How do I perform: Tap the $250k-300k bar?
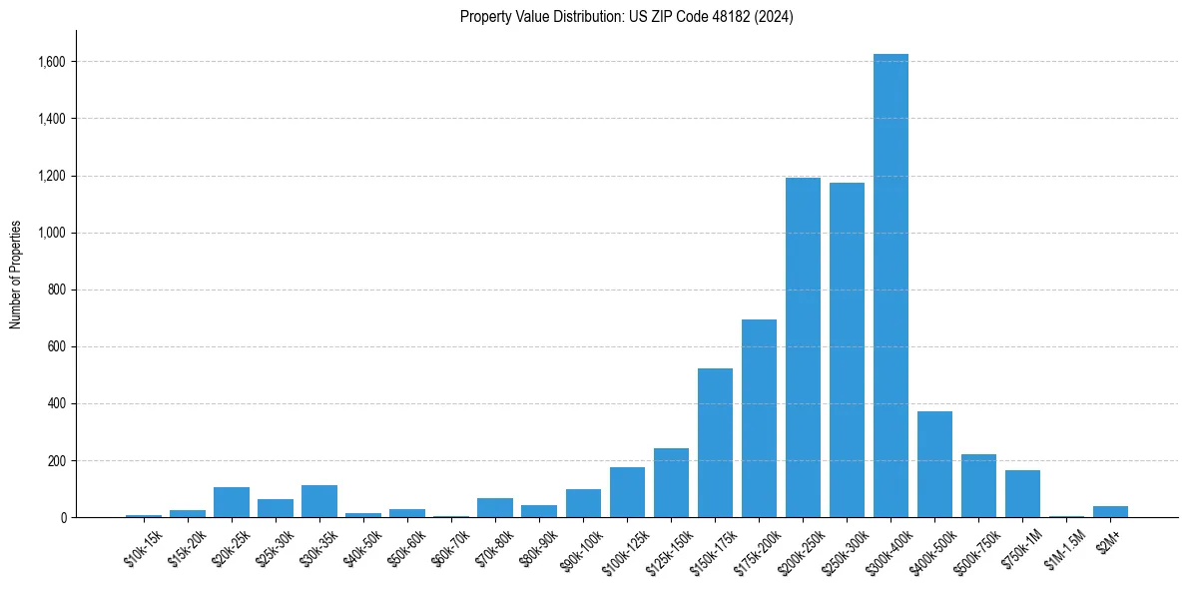847,349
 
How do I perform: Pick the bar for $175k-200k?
759,418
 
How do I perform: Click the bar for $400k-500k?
934,464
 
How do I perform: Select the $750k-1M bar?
1022,494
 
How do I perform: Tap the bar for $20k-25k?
232,502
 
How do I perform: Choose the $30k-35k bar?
319,501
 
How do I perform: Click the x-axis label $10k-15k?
143,548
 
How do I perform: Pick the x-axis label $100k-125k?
625,551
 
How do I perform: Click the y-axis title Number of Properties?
16,275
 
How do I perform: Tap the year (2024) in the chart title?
776,17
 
